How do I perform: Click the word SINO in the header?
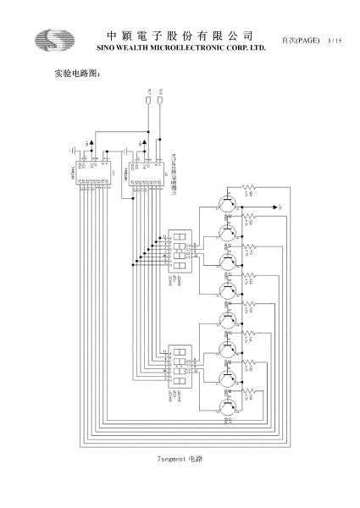(x=111, y=47)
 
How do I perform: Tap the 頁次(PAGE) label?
(x=300, y=41)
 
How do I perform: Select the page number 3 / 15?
(x=333, y=41)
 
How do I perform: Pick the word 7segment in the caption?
(x=172, y=458)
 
